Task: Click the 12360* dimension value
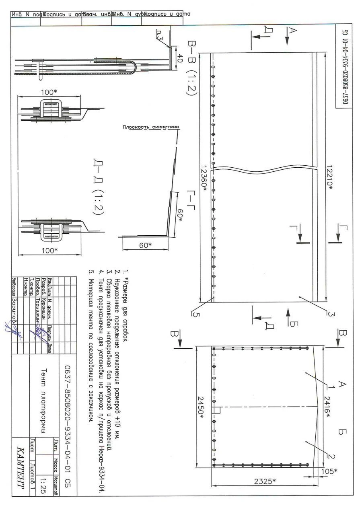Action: [204, 178]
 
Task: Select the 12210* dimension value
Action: [330, 178]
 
